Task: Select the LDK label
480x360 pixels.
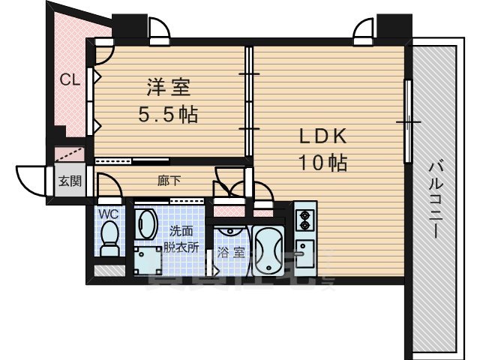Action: [322, 136]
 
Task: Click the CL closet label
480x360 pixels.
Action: [70, 79]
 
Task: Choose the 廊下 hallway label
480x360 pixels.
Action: [168, 180]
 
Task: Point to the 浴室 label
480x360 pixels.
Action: [230, 253]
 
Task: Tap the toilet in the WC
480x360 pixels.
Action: [109, 240]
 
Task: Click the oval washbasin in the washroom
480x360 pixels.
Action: [147, 223]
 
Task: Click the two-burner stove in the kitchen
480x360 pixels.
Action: [304, 220]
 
